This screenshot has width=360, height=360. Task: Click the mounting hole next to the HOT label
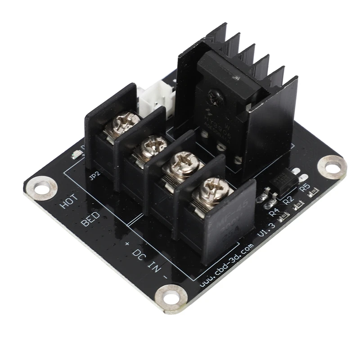click(43, 188)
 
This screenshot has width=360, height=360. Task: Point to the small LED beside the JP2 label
click(76, 156)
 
